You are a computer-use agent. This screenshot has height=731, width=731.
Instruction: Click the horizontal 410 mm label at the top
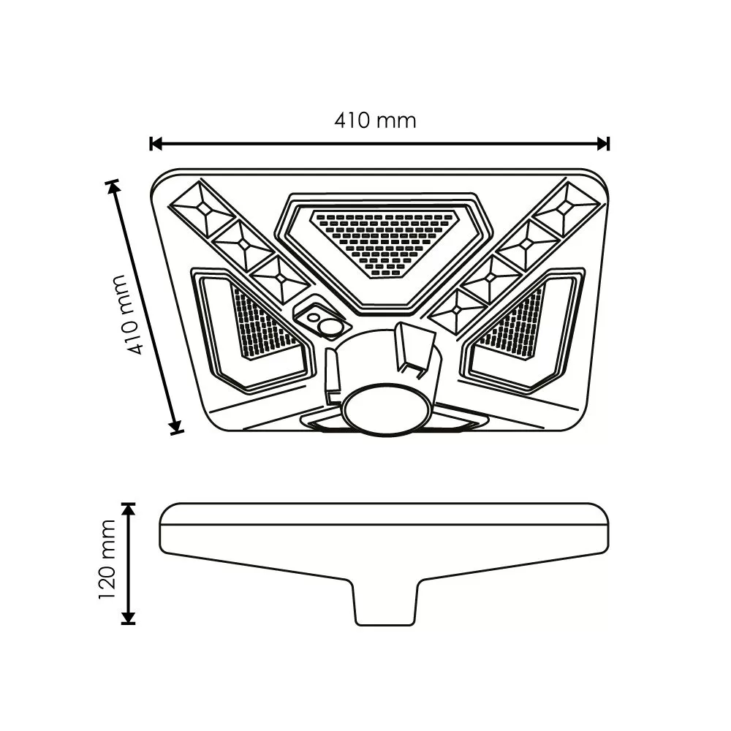(x=375, y=121)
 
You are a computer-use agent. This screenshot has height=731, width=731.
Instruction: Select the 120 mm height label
(x=107, y=559)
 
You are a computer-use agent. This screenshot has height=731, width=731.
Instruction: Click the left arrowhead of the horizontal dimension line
(x=156, y=143)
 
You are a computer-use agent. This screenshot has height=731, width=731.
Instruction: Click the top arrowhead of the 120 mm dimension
(x=128, y=510)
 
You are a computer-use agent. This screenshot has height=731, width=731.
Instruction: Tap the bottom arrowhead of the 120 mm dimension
(x=128, y=618)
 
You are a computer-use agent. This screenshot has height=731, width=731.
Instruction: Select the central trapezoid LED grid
(x=385, y=241)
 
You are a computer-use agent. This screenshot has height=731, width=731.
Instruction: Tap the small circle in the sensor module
(x=312, y=318)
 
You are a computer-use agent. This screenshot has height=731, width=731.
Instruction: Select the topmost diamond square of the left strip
(x=203, y=208)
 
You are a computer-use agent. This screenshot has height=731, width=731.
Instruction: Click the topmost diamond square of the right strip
(x=566, y=208)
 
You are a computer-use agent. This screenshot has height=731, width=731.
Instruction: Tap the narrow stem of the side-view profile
(x=385, y=602)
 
